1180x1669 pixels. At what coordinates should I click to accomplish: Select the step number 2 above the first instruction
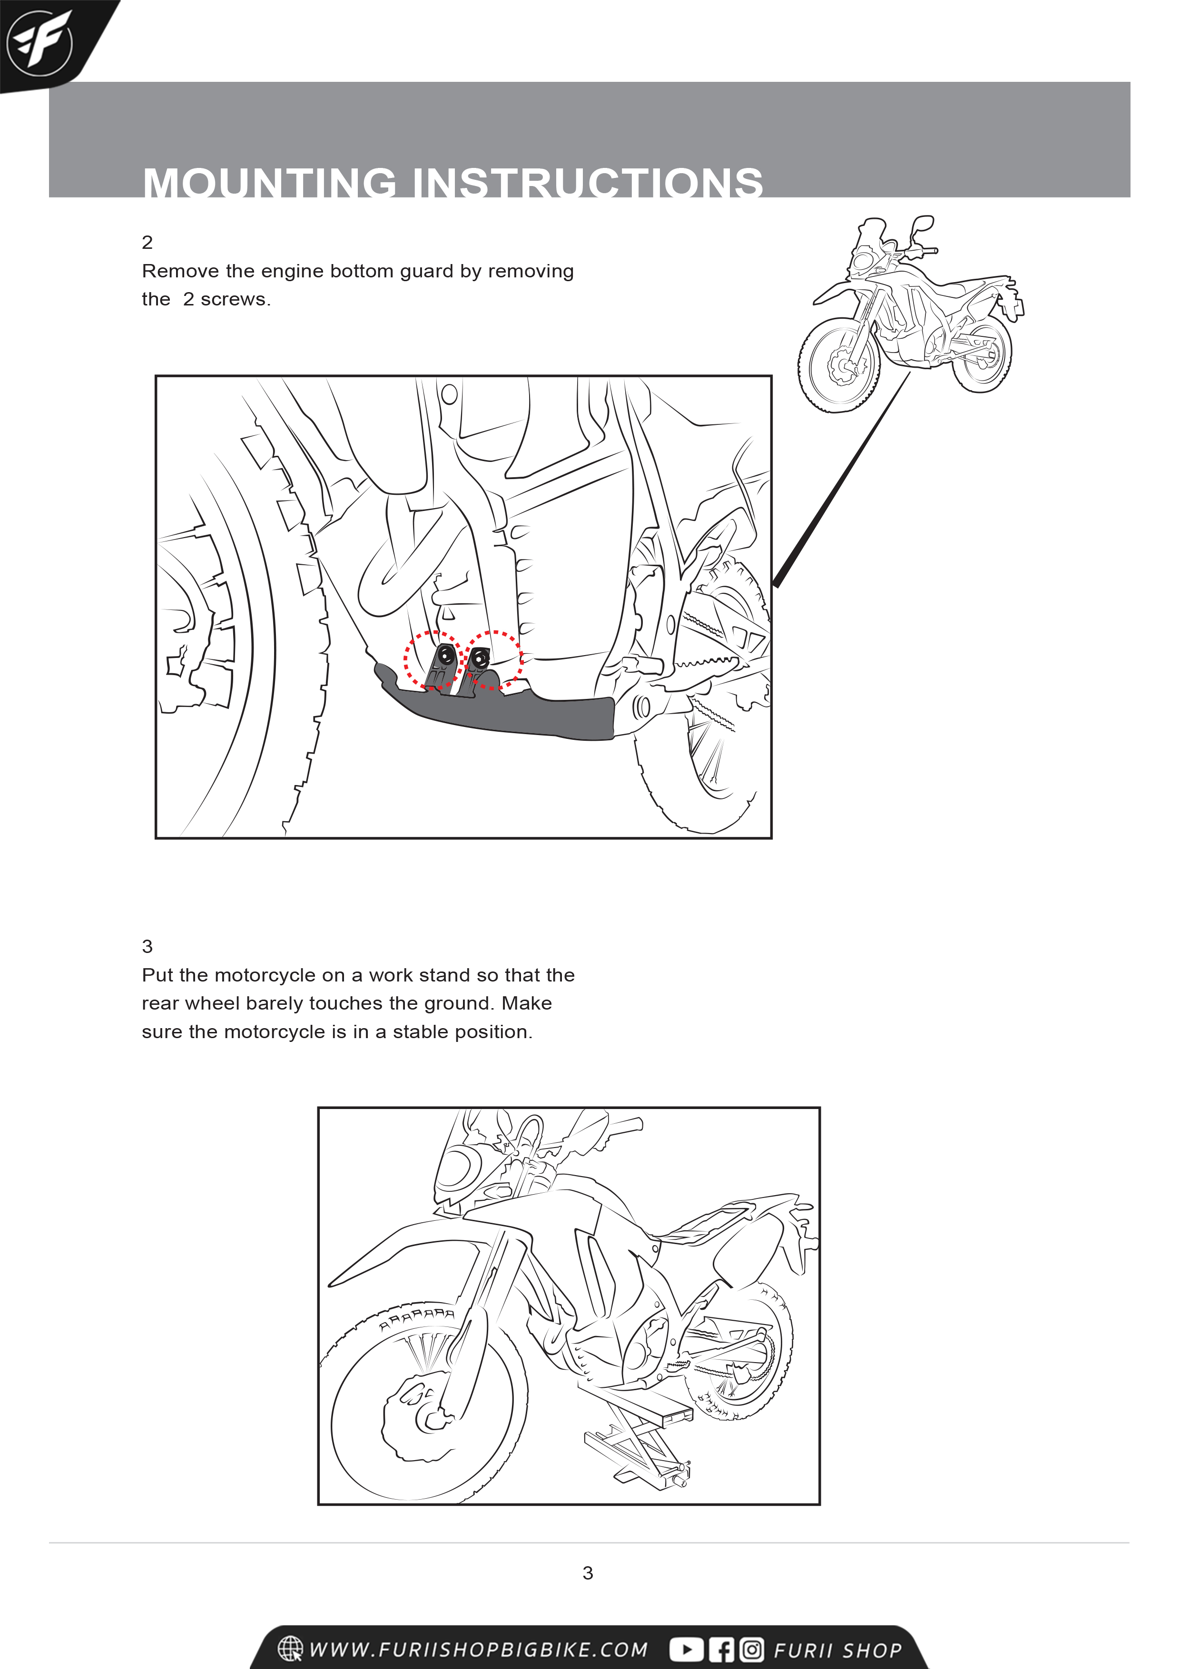147,242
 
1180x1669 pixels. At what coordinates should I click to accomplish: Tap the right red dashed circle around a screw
494,659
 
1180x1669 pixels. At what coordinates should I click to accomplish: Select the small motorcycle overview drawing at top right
913,313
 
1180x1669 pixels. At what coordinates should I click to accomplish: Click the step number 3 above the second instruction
147,946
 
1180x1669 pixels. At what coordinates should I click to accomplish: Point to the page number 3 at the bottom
588,1573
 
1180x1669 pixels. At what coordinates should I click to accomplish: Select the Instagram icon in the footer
752,1649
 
